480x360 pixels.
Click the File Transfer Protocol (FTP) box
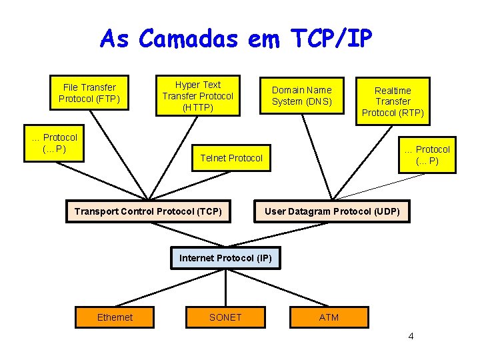point(89,93)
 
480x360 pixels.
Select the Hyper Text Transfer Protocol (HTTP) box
point(197,95)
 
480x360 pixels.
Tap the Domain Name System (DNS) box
point(301,95)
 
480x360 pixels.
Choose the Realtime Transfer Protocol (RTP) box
point(393,101)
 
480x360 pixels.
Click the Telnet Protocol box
point(231,158)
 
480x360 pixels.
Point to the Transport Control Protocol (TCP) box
point(148,211)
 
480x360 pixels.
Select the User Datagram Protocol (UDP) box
point(332,211)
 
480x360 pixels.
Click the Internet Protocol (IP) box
point(225,257)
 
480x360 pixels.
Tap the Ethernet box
point(115,317)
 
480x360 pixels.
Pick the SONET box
point(225,317)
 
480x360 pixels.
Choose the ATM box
point(329,317)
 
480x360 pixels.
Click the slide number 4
point(411,335)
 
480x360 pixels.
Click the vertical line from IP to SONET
point(225,288)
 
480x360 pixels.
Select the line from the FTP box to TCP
point(120,155)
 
